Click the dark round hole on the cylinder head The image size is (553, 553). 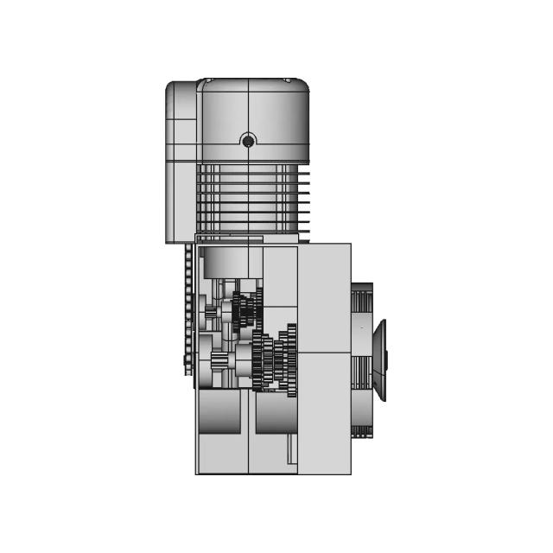248,141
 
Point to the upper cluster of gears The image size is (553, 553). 245,309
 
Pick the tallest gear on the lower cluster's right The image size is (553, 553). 292,359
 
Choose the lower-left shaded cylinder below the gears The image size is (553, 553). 219,412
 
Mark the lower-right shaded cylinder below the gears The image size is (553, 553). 275,412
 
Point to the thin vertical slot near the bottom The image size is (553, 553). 290,448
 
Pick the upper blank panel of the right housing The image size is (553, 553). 324,297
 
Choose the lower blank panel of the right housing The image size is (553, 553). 324,413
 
